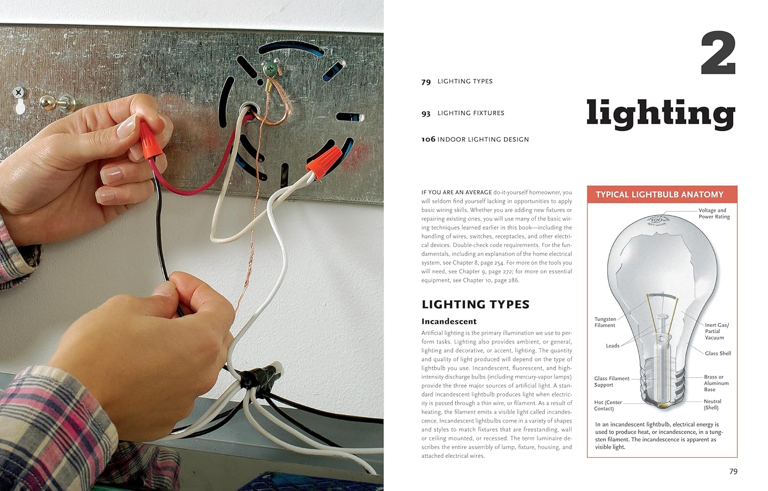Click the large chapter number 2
[x=718, y=53]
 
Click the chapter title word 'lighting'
[x=660, y=114]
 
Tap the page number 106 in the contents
[x=428, y=139]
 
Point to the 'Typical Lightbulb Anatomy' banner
[x=662, y=194]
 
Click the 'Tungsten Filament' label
[x=605, y=322]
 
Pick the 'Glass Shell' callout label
[x=718, y=353]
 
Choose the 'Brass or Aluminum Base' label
[x=716, y=383]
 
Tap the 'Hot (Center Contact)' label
[x=608, y=406]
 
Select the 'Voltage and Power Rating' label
[x=714, y=213]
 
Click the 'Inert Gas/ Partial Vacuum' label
[x=717, y=331]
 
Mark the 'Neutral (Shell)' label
[x=713, y=405]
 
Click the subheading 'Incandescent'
[x=449, y=321]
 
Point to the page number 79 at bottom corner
[x=733, y=472]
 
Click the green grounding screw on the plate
[x=271, y=68]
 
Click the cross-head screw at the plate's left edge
[x=18, y=92]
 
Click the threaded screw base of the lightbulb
[x=663, y=384]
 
